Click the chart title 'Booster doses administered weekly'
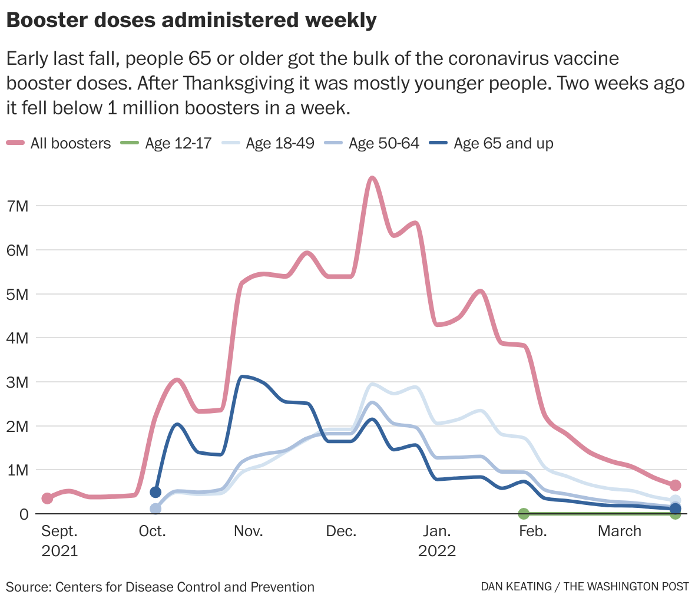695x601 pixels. (x=191, y=21)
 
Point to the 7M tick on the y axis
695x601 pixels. (x=16, y=206)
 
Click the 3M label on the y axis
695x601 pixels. (x=16, y=382)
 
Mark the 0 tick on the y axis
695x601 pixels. (x=24, y=514)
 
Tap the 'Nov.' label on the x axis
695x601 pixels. (x=248, y=531)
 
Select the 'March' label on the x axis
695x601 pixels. (x=619, y=531)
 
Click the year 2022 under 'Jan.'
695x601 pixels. (x=437, y=551)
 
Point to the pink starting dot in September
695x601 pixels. (x=47, y=498)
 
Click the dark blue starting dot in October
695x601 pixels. (x=155, y=492)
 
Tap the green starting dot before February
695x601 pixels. (x=524, y=514)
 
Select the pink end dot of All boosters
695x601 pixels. (x=675, y=485)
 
